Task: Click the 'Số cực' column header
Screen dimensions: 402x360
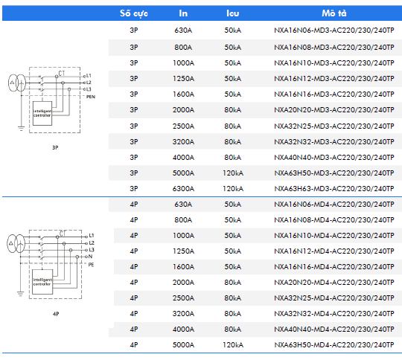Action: (134, 13)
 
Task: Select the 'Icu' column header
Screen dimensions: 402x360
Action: (233, 13)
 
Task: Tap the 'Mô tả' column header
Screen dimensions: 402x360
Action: (334, 13)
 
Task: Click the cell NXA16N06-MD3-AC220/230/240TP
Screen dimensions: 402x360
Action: (334, 30)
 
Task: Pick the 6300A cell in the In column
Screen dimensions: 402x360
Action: (183, 189)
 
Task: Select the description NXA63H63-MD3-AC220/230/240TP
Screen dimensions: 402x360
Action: (334, 189)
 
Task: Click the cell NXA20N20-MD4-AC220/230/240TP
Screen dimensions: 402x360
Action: (334, 283)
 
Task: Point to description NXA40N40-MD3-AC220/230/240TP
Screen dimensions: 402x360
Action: (334, 158)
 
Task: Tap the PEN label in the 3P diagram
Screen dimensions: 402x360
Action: (91, 97)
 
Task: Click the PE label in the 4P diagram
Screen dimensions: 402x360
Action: (91, 265)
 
